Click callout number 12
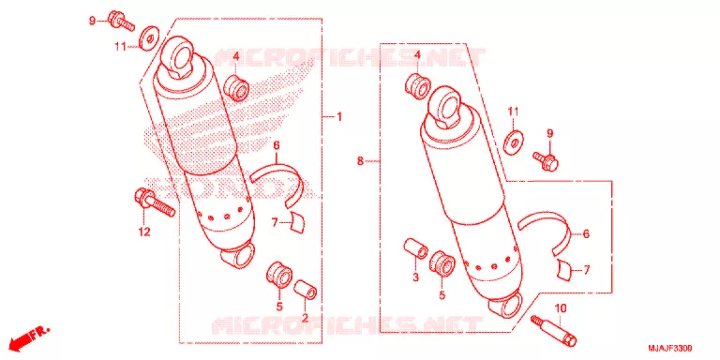click(x=144, y=232)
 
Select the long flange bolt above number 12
click(x=155, y=202)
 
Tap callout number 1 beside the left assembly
click(x=339, y=117)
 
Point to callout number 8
click(x=360, y=160)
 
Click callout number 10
click(x=559, y=307)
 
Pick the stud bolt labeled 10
click(x=553, y=330)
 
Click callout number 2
click(x=304, y=316)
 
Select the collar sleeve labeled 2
click(x=305, y=290)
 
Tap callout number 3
click(x=415, y=277)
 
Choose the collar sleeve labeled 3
click(x=415, y=248)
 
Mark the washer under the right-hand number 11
click(x=514, y=142)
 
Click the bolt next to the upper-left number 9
click(x=121, y=22)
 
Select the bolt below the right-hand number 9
click(x=546, y=161)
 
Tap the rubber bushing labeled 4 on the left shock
click(x=236, y=88)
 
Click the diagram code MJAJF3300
click(x=670, y=348)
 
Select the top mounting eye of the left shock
click(x=180, y=54)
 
